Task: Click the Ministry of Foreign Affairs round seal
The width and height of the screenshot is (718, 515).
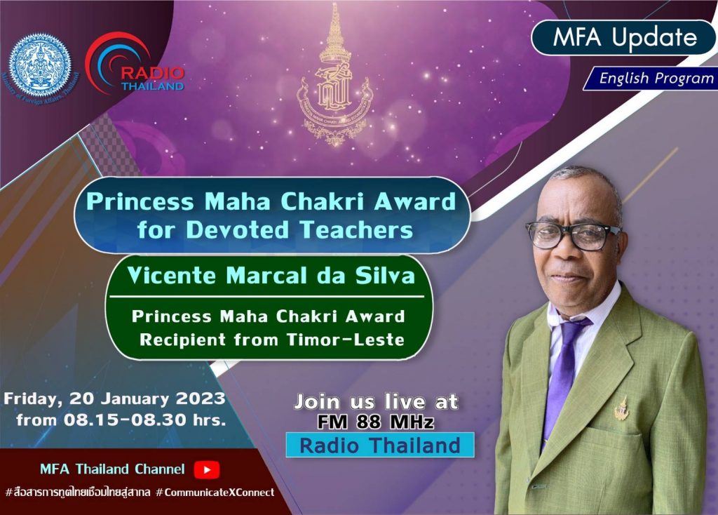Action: click(40, 67)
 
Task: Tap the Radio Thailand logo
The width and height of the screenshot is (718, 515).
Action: click(135, 62)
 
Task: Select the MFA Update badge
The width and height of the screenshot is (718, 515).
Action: click(623, 37)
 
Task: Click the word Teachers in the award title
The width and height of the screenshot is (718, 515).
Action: click(356, 229)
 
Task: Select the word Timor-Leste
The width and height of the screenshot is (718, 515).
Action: click(346, 340)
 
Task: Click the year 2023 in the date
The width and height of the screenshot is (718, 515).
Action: click(201, 398)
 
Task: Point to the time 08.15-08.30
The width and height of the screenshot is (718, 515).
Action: click(126, 420)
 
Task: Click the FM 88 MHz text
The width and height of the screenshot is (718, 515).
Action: click(376, 422)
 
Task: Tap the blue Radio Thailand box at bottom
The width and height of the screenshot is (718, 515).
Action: click(380, 445)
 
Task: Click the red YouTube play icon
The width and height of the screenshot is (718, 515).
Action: click(207, 469)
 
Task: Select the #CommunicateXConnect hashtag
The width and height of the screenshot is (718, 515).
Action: click(215, 493)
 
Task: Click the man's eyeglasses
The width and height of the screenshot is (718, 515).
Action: click(574, 235)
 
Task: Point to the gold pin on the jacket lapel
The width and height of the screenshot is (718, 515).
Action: click(621, 409)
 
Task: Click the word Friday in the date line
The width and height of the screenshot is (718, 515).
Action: click(33, 399)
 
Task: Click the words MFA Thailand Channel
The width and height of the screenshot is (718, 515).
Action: click(112, 469)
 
